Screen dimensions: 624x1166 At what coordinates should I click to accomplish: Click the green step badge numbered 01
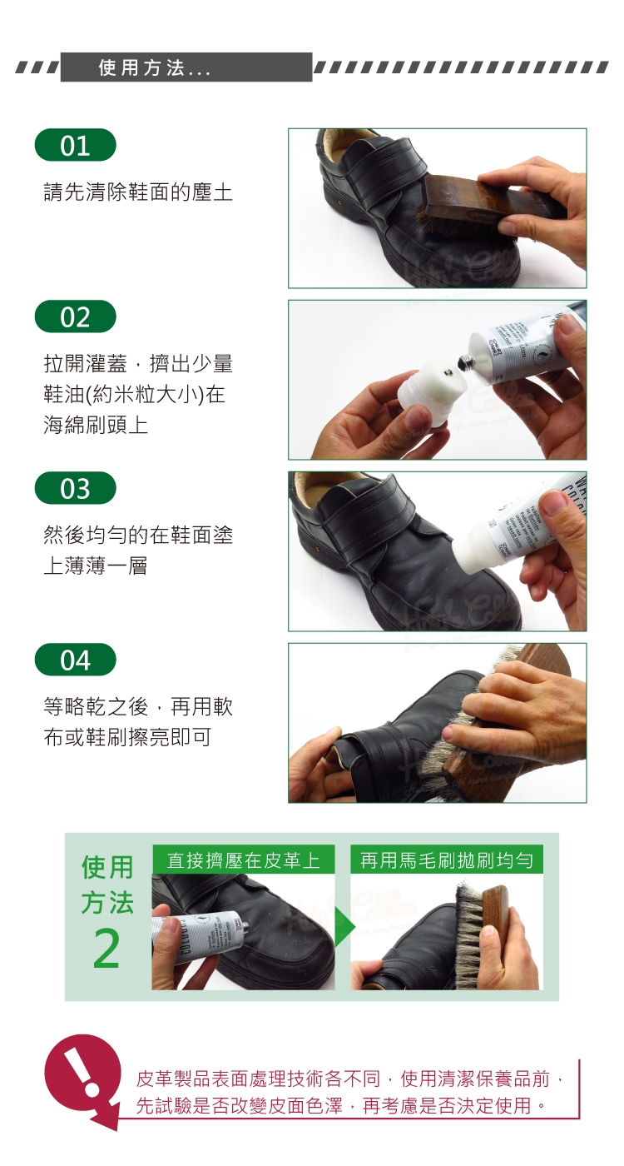tap(76, 145)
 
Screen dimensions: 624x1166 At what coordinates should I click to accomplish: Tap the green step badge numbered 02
tap(76, 316)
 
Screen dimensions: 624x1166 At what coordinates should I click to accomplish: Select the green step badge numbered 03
tap(76, 488)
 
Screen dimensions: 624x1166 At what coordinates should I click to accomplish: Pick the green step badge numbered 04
tap(76, 660)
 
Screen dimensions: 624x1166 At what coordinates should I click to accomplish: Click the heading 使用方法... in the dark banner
tap(155, 67)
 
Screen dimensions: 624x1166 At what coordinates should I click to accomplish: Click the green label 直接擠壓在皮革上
tap(243, 860)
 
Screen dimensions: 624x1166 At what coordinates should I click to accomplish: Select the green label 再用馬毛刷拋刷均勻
tap(447, 860)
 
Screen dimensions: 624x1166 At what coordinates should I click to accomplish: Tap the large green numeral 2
tap(106, 949)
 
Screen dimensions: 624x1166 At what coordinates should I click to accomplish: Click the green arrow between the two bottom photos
tap(344, 927)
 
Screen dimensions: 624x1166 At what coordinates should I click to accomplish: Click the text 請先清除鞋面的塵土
tap(138, 192)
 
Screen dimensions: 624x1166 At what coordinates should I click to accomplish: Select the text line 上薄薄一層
tap(96, 566)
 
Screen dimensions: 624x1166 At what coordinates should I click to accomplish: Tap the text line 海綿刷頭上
tap(96, 426)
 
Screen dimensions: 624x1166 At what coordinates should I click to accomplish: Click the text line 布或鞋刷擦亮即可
tap(127, 737)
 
